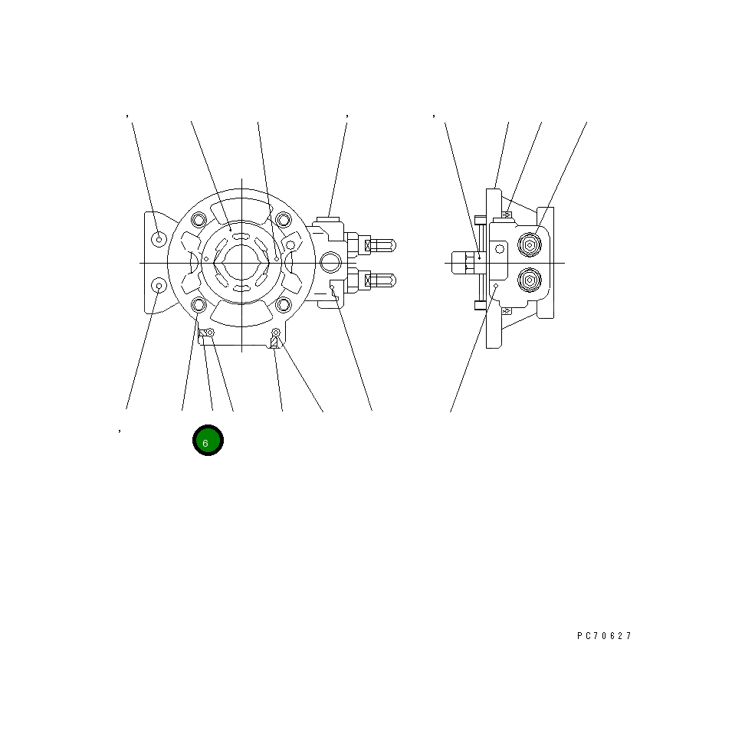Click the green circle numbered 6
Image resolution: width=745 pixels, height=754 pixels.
click(x=207, y=440)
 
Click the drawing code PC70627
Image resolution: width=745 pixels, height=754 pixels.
click(x=605, y=636)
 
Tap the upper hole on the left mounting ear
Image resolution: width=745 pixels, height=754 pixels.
click(x=159, y=239)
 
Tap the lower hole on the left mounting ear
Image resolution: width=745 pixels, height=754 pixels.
click(x=159, y=286)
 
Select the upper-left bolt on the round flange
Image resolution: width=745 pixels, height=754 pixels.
click(x=199, y=221)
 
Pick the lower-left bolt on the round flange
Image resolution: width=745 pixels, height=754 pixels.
click(x=199, y=305)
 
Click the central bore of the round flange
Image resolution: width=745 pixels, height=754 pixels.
click(x=241, y=263)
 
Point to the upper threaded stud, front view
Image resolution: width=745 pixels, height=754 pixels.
click(x=381, y=245)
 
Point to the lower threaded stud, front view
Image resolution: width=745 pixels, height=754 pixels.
click(x=381, y=280)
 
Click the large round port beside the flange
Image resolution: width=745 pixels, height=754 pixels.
click(x=330, y=263)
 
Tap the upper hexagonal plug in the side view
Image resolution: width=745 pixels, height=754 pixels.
click(x=529, y=245)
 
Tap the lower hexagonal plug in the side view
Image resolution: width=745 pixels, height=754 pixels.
click(x=529, y=279)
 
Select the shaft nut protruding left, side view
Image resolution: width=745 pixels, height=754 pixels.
click(x=463, y=263)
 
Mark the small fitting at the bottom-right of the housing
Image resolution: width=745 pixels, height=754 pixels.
click(x=275, y=333)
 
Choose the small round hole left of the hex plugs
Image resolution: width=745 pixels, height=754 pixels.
click(x=500, y=248)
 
